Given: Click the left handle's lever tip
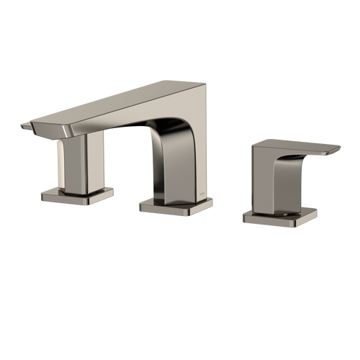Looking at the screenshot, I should pyautogui.click(x=23, y=127).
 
